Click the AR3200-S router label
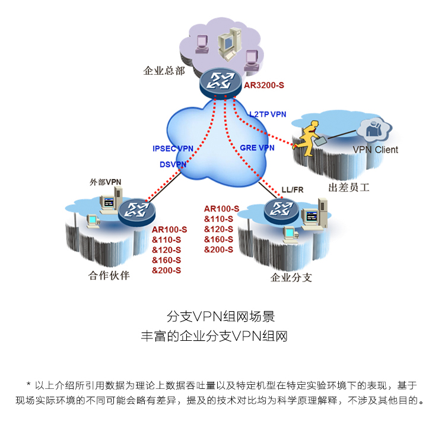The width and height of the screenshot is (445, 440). pos(264,86)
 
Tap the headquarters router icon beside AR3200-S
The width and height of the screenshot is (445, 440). pos(221,83)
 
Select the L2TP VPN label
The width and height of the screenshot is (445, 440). pos(268,114)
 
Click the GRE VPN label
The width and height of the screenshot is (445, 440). pos(257,148)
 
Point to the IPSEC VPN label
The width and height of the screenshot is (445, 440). pos(173,148)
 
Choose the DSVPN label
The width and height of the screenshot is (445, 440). pos(173,164)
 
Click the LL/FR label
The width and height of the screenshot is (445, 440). pos(293,190)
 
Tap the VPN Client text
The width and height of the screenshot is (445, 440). pos(375,150)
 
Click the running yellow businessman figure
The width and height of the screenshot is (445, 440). pos(309,138)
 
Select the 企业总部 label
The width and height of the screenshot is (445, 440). pos(164,71)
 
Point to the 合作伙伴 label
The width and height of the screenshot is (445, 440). pos(109,276)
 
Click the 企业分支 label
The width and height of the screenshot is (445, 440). pos(291,277)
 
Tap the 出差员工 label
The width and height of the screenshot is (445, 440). pos(349,188)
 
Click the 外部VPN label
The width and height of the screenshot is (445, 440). pos(106,182)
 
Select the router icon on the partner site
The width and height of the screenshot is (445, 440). pos(137,212)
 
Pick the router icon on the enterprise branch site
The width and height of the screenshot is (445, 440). pos(281,210)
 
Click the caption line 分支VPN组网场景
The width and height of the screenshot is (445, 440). pos(221,316)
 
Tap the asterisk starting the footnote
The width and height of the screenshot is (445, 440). pos(28,385)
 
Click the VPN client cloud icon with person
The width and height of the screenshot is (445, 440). pos(374,130)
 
